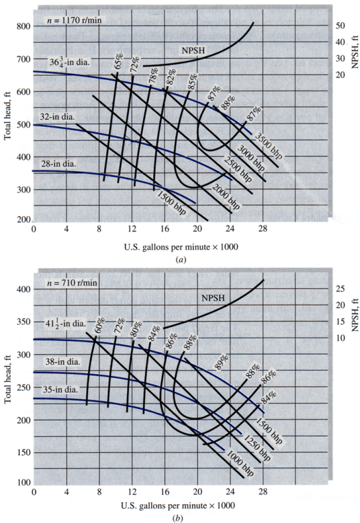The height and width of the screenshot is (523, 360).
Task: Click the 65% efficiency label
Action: (x=118, y=63)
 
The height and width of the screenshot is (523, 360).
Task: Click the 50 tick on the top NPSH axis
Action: (x=340, y=25)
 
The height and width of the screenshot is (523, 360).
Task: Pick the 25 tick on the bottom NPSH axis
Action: (x=340, y=289)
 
